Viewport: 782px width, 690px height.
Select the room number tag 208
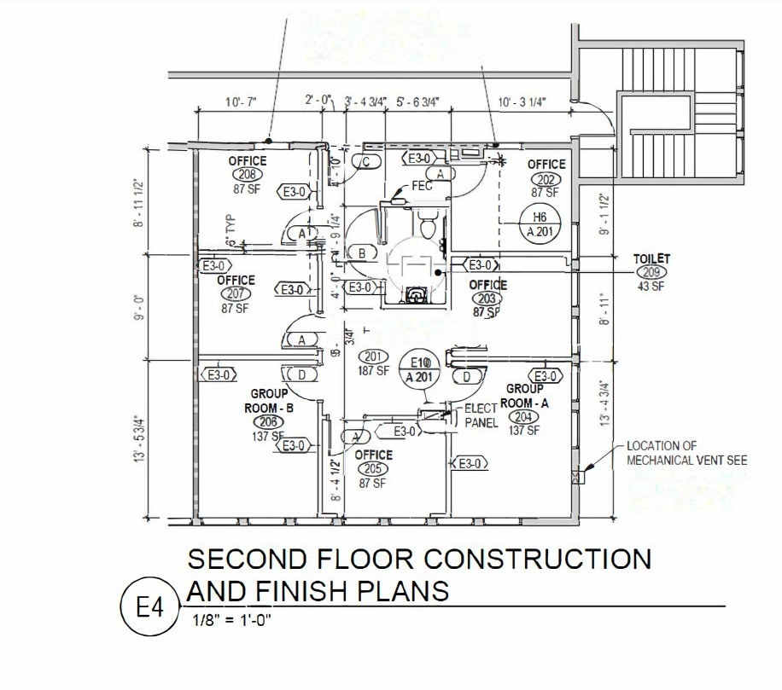247,175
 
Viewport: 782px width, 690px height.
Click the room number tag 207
236,294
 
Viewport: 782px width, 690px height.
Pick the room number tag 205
373,469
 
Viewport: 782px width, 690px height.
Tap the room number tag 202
546,178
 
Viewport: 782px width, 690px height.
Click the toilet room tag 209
651,271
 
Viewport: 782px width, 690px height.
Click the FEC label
399,185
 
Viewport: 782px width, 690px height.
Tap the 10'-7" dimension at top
240,102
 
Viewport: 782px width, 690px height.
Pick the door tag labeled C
365,161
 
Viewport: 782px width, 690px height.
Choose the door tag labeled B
362,253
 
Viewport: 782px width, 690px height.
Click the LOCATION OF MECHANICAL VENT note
686,453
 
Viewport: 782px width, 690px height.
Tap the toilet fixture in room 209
427,224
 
